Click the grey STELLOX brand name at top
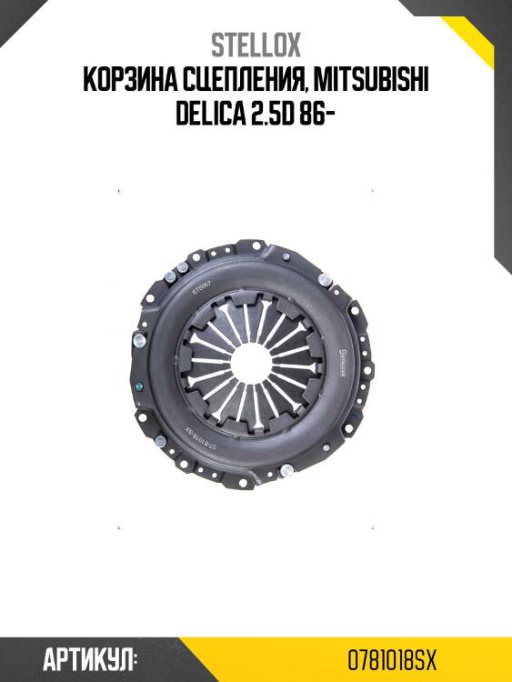[x=256, y=45]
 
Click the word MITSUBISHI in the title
[x=371, y=80]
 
